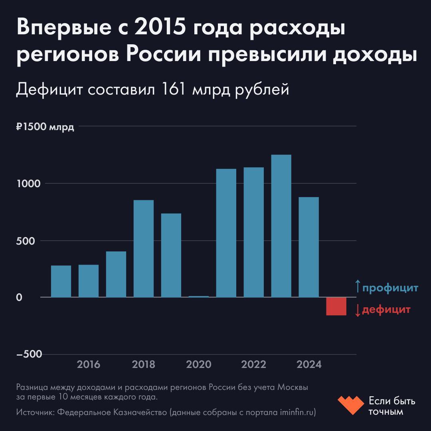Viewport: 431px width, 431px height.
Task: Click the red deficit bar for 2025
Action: [x=336, y=306]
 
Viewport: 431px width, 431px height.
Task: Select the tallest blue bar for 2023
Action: [x=281, y=226]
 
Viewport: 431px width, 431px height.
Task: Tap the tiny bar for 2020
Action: [x=198, y=297]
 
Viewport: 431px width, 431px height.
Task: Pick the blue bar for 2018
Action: [x=143, y=249]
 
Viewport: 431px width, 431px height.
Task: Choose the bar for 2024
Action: [x=308, y=247]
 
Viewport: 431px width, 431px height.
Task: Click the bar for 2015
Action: [x=61, y=281]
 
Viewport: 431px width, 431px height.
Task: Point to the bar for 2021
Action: [x=226, y=233]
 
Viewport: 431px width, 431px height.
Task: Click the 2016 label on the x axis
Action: [x=89, y=364]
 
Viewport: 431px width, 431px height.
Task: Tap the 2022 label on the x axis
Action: [x=253, y=364]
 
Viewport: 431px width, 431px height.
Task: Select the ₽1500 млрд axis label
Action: [x=45, y=127]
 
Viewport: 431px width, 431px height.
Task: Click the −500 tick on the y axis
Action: [x=29, y=355]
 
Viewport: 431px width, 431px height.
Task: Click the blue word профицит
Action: [x=390, y=287]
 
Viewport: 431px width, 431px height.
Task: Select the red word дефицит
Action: [x=386, y=310]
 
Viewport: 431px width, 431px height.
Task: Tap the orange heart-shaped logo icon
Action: [x=350, y=405]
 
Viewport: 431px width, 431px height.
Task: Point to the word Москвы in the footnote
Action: [x=293, y=388]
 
